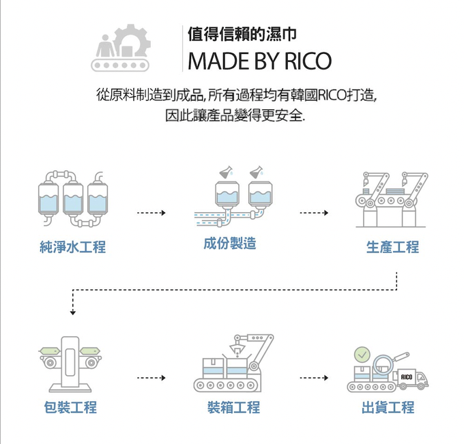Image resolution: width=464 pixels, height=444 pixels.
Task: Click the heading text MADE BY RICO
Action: click(259, 61)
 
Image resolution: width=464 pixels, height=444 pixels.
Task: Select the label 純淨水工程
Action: click(73, 248)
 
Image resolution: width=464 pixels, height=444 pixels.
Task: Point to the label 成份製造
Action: click(230, 243)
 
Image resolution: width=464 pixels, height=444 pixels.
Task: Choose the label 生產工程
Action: click(392, 248)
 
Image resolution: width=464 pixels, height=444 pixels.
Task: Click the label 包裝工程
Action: click(70, 408)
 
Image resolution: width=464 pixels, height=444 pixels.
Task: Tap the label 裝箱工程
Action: click(233, 408)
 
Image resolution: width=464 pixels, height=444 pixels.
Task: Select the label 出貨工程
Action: click(388, 408)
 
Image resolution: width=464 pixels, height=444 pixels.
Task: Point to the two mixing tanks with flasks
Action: click(239, 194)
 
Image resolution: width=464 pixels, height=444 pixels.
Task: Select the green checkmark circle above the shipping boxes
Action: click(362, 355)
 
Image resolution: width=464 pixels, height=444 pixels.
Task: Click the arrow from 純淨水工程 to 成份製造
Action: click(151, 213)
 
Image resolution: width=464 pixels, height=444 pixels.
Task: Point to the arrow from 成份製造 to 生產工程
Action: click(314, 213)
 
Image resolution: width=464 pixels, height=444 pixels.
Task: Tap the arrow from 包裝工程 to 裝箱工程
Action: click(151, 377)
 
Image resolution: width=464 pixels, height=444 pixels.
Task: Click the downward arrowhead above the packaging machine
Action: click(72, 312)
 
